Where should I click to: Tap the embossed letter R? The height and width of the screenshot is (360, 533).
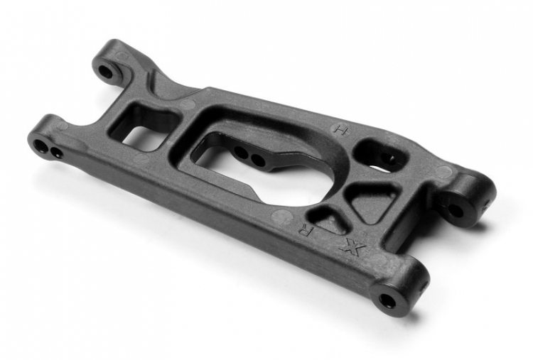(305, 231)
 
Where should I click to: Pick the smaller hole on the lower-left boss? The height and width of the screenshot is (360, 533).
(56, 152)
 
